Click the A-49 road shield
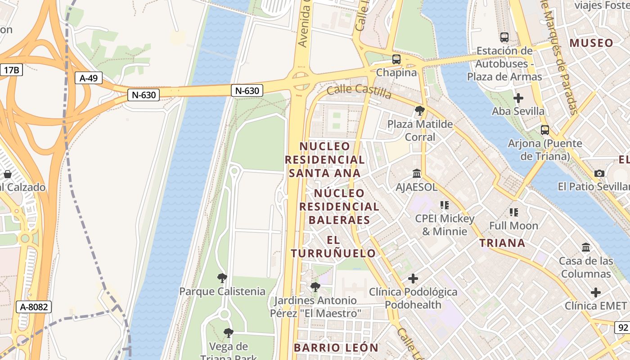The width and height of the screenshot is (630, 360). (x=89, y=78)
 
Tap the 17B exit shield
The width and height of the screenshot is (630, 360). (x=11, y=70)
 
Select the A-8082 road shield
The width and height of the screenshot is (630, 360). (x=34, y=307)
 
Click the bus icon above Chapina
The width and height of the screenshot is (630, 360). (x=396, y=59)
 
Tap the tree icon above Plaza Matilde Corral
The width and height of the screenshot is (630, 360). (x=419, y=110)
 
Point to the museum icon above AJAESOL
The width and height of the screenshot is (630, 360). (x=417, y=173)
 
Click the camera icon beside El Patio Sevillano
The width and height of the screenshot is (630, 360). (x=599, y=173)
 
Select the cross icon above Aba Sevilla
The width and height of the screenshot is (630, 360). (x=518, y=98)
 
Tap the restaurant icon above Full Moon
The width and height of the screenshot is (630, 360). (x=513, y=212)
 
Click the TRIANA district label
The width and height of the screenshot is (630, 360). (x=502, y=243)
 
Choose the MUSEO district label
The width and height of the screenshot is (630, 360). (x=591, y=43)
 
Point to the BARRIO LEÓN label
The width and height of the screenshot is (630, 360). (x=336, y=347)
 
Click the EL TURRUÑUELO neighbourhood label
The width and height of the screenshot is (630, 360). (x=333, y=247)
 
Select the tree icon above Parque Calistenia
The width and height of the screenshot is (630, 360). (x=222, y=278)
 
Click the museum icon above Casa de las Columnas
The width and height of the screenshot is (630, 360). (x=586, y=247)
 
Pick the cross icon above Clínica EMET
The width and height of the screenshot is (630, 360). (x=595, y=292)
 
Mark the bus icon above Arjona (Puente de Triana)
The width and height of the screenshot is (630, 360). (x=544, y=130)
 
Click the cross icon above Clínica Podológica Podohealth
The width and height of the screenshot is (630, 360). (x=413, y=279)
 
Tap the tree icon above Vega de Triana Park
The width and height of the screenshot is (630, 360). (x=229, y=333)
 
